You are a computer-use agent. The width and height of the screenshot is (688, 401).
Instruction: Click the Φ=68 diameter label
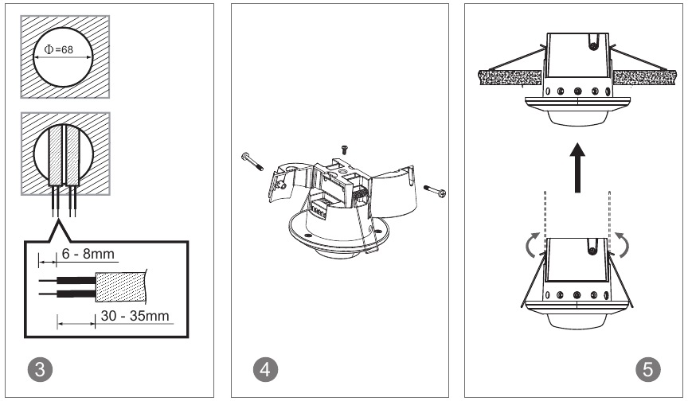59,49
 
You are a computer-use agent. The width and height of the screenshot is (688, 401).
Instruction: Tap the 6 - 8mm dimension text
88,254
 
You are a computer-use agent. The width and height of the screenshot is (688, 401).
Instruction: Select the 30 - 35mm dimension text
135,316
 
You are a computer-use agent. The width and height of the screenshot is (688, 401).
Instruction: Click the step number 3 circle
40,369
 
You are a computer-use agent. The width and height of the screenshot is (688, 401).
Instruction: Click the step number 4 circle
265,369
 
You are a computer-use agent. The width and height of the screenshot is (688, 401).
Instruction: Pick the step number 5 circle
648,369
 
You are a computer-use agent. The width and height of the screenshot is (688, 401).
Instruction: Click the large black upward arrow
577,168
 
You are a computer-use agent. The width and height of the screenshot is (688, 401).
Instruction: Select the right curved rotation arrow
622,244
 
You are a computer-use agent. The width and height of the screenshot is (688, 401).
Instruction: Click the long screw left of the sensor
252,162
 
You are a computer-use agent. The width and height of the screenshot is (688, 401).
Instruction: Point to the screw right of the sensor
436,191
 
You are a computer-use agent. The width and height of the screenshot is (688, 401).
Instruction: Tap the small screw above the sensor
345,150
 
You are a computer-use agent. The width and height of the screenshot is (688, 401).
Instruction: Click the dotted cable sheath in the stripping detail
121,287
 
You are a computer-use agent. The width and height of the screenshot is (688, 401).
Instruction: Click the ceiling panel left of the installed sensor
510,77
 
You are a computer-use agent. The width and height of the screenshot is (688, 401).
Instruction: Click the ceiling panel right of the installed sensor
644,77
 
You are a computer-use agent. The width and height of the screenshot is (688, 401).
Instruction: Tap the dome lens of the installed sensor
577,119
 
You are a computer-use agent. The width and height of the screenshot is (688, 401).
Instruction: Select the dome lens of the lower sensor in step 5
577,321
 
